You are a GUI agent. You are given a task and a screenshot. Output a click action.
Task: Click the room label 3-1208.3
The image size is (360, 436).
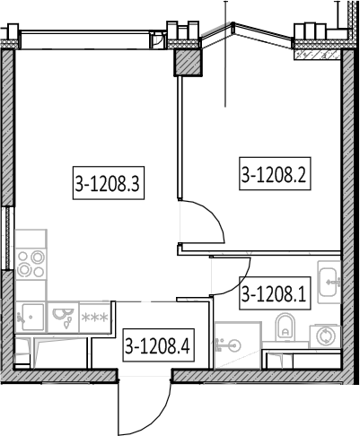(x=109, y=183)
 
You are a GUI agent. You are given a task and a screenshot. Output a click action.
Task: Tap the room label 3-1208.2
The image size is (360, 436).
(x=275, y=173)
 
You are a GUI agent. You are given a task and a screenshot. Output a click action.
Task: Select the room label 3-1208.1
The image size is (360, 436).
(x=275, y=293)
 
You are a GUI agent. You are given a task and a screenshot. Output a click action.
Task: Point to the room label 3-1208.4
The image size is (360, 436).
(x=159, y=345)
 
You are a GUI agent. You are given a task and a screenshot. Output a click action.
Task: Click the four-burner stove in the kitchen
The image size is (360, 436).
(x=31, y=264)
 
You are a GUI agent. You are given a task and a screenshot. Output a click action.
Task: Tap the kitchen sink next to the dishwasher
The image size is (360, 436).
(x=31, y=317)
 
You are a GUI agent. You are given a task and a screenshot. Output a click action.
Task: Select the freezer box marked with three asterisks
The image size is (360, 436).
(x=95, y=317)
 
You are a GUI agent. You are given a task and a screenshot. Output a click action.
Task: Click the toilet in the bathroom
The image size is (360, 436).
(x=285, y=327)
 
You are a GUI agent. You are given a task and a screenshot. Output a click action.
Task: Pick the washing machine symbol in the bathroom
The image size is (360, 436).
(x=325, y=336)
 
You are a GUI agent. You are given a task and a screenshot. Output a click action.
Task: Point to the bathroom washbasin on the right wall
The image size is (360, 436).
(x=329, y=282)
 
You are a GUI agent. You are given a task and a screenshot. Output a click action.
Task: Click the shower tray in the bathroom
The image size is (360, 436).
(x=238, y=345)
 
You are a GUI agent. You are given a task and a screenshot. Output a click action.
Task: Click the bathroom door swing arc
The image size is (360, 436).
(x=241, y=284)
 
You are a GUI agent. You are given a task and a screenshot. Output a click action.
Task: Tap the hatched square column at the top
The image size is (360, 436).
(x=189, y=62)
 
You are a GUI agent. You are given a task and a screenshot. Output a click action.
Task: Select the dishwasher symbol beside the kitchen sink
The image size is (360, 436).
(x=63, y=317)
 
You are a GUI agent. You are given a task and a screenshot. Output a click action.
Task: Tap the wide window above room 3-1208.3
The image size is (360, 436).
(x=84, y=39)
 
